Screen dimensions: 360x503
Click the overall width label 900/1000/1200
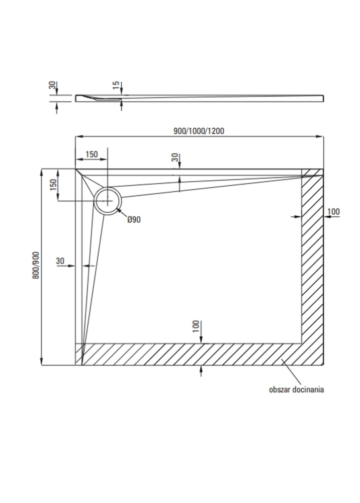pyautogui.click(x=199, y=131)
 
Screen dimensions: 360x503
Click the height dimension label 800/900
pyautogui.click(x=36, y=265)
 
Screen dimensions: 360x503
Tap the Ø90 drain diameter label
pyautogui.click(x=134, y=219)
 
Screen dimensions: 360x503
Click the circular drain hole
pyautogui.click(x=108, y=201)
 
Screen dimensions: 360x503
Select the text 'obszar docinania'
pyautogui.click(x=296, y=389)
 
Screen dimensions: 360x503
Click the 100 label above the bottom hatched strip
pyautogui.click(x=196, y=326)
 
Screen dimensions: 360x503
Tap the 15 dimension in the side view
pyautogui.click(x=117, y=85)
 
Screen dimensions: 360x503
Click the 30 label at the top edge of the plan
pyautogui.click(x=175, y=157)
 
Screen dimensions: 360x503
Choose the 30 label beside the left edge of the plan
pyautogui.click(x=60, y=261)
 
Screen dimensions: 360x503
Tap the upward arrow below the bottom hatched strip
pyautogui.click(x=201, y=371)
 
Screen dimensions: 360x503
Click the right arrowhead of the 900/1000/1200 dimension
pyautogui.click(x=320, y=137)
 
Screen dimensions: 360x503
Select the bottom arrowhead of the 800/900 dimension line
pyautogui.click(x=41, y=361)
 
